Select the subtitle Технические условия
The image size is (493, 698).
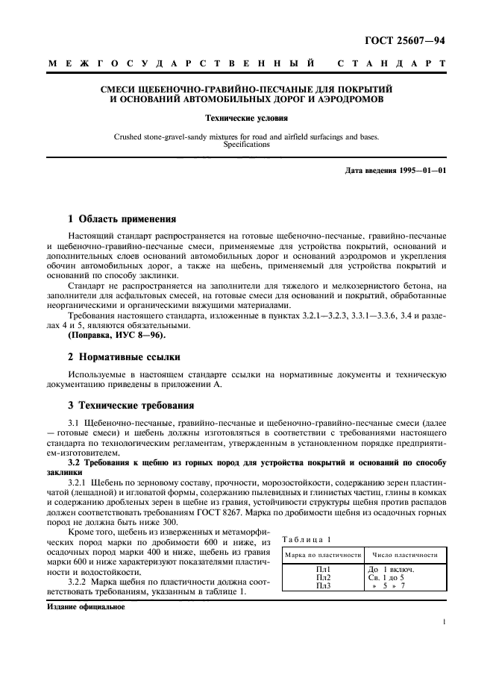pyautogui.click(x=245, y=118)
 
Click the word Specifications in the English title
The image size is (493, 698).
pyautogui.click(x=246, y=145)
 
